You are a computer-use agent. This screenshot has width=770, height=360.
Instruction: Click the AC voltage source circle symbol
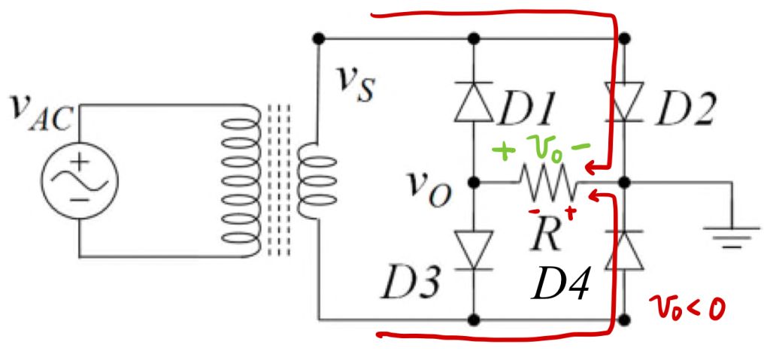[79, 180]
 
